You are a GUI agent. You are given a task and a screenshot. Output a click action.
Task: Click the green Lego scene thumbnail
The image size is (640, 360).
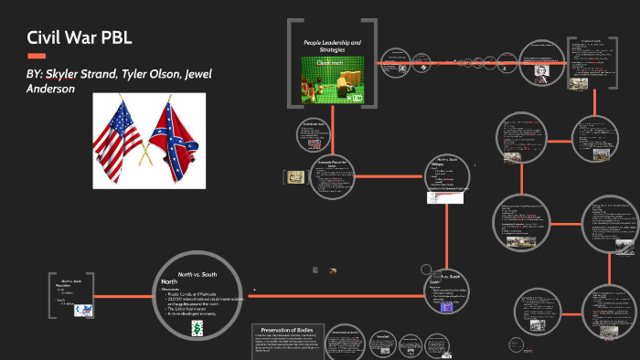click(333, 80)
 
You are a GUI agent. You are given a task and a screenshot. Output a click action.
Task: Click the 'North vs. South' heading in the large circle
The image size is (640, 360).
click(197, 274)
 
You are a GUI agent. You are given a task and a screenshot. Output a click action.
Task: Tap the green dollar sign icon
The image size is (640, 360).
click(197, 330)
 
